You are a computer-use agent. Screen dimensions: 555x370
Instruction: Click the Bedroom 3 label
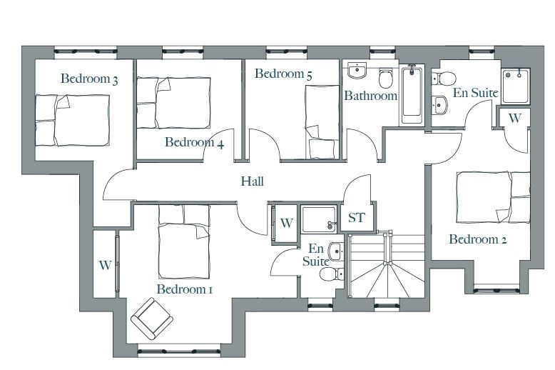click(x=89, y=79)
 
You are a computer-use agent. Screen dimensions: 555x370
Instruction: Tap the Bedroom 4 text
click(x=194, y=142)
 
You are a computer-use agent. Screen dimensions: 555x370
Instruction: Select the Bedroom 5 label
click(x=283, y=74)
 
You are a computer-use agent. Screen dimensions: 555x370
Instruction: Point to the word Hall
click(x=253, y=181)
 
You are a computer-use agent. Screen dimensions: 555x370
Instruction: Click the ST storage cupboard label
click(x=357, y=218)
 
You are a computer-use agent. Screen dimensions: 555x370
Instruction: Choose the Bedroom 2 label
click(x=478, y=239)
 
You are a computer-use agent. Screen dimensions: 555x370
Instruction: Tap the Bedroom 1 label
click(x=185, y=289)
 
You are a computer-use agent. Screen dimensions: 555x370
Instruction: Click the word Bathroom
click(x=370, y=96)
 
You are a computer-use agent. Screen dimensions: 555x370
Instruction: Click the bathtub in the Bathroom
click(x=412, y=94)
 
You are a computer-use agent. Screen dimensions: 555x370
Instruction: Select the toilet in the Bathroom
click(x=385, y=78)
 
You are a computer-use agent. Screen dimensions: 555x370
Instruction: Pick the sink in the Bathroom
click(x=357, y=71)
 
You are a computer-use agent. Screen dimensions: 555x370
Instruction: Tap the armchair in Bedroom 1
click(x=152, y=318)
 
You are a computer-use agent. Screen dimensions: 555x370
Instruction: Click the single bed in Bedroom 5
click(x=322, y=122)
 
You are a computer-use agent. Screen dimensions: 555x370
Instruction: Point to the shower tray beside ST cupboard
click(x=319, y=219)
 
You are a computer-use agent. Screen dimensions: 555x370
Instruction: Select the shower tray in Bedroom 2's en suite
click(x=515, y=86)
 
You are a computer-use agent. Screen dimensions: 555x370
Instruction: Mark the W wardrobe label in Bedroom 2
click(x=515, y=118)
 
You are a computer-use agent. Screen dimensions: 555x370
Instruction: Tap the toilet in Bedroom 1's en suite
click(x=331, y=274)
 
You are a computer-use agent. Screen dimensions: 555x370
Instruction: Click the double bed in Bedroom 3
click(x=72, y=120)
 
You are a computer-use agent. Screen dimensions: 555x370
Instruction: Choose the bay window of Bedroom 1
click(x=179, y=351)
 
